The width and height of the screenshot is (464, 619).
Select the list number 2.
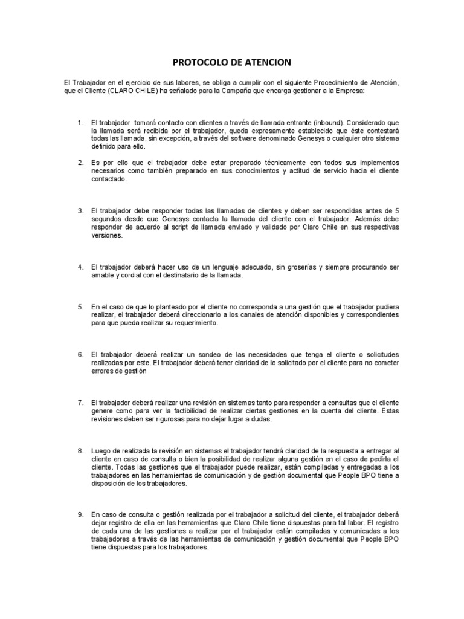click(x=80, y=163)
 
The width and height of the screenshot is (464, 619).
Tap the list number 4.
click(x=80, y=267)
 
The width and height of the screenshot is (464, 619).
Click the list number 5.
click(x=80, y=307)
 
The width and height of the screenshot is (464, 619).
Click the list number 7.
click(x=80, y=403)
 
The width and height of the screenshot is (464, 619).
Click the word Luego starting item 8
click(x=101, y=450)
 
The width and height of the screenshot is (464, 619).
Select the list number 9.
click(x=80, y=514)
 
